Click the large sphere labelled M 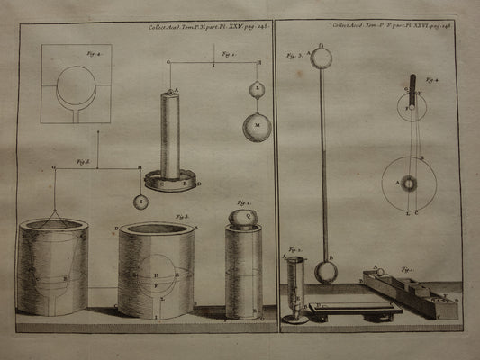257,126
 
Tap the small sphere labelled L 257,89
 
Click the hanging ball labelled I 141,202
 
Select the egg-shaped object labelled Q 242,217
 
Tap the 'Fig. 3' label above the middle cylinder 182,217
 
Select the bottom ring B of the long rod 325,269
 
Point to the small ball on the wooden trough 378,272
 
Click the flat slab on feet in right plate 353,308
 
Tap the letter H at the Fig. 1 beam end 258,62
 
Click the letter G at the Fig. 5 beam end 54,167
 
